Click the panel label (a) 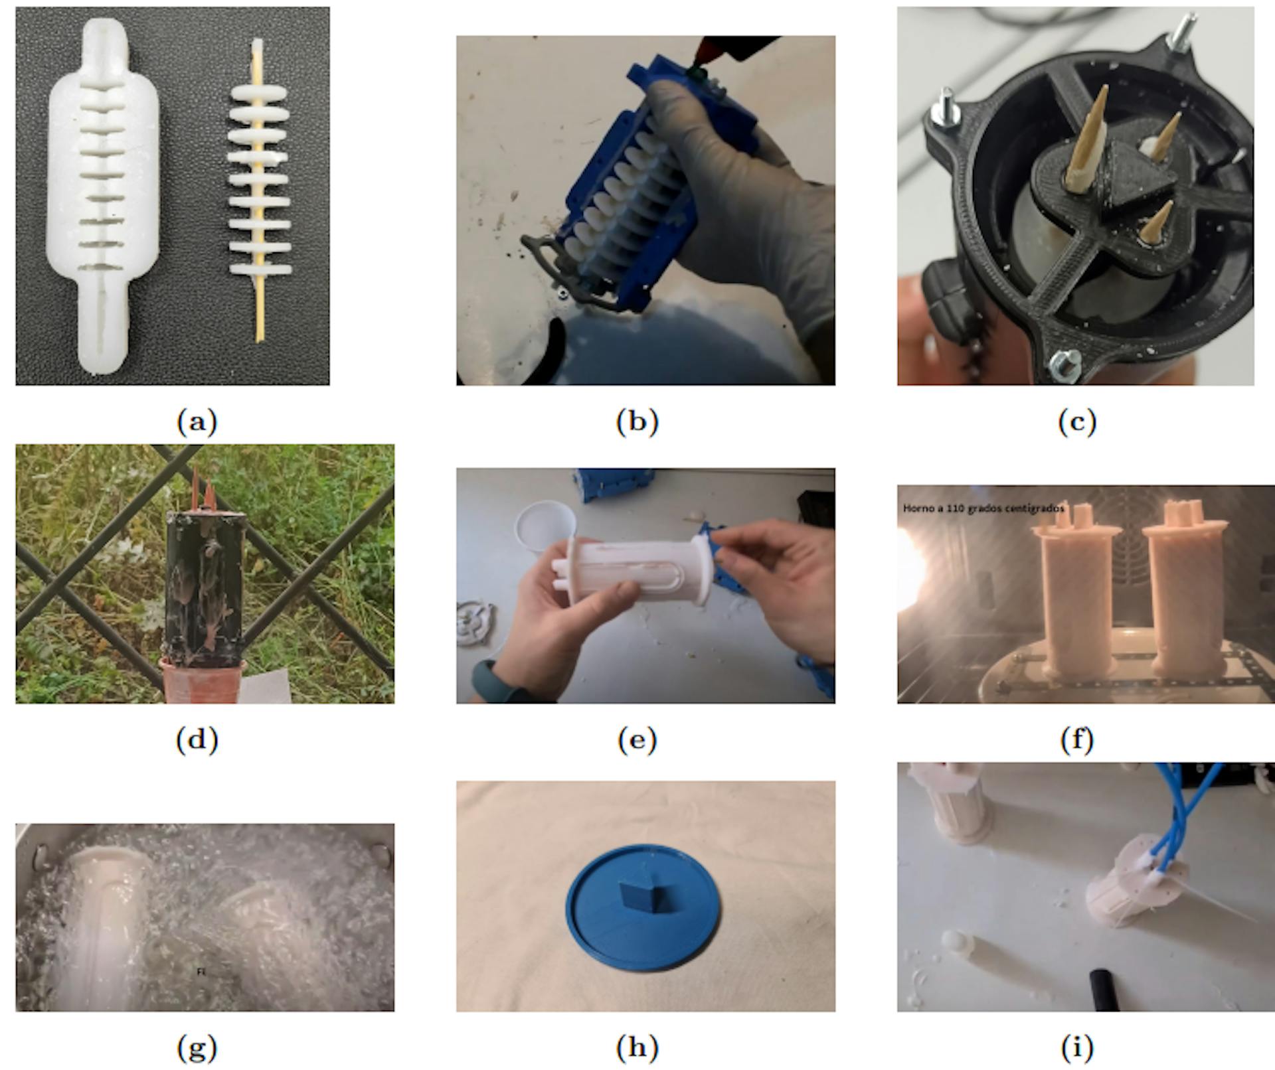(x=197, y=422)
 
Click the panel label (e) (x=637, y=739)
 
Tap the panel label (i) (x=1076, y=1048)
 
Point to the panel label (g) (x=197, y=1049)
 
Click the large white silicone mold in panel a (x=103, y=199)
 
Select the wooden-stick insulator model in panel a (x=260, y=192)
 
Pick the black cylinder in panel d (x=205, y=584)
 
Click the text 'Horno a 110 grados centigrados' (x=983, y=508)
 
